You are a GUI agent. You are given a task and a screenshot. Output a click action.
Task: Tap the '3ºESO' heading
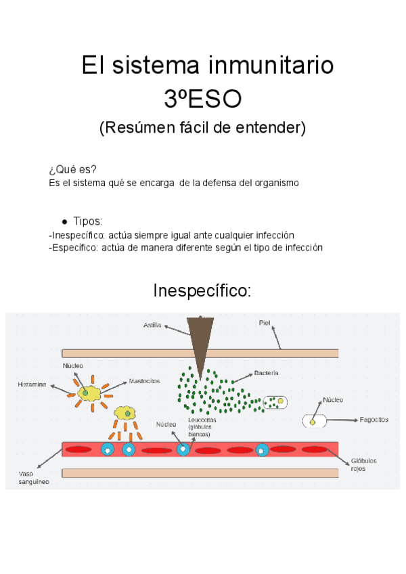click(202, 100)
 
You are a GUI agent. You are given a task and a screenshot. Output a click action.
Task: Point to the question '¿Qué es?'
click(72, 169)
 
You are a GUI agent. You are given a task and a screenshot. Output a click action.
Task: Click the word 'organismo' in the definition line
click(271, 183)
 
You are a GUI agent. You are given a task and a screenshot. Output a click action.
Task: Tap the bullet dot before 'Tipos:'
click(64, 222)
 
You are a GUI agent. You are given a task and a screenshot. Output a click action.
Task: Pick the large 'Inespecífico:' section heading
click(202, 291)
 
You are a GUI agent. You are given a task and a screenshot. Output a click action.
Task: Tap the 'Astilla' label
click(152, 325)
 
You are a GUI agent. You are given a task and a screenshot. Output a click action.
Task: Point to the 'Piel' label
click(265, 323)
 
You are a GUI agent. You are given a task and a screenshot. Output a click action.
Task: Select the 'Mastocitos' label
click(144, 380)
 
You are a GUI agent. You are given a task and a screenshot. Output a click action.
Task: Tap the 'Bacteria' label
click(266, 373)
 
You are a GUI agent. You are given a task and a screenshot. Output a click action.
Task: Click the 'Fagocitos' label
click(374, 420)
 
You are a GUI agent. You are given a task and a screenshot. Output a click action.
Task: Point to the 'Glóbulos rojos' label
click(363, 464)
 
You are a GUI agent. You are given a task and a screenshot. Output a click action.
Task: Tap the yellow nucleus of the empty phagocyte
click(313, 422)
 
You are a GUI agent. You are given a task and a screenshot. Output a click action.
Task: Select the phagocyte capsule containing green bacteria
click(275, 402)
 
